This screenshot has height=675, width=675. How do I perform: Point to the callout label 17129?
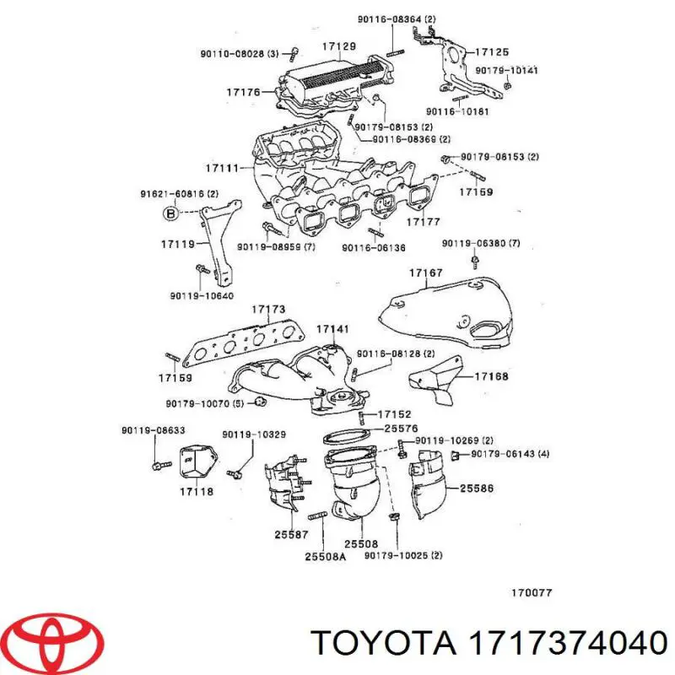pyautogui.click(x=338, y=46)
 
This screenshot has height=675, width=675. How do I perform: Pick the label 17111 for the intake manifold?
pyautogui.click(x=222, y=167)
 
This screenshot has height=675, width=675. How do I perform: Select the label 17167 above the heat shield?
pyautogui.click(x=426, y=273)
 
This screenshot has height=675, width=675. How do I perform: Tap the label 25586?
pyautogui.click(x=477, y=489)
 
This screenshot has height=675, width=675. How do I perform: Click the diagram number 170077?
pyautogui.click(x=532, y=592)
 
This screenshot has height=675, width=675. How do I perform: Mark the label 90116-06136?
pyautogui.click(x=374, y=248)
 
